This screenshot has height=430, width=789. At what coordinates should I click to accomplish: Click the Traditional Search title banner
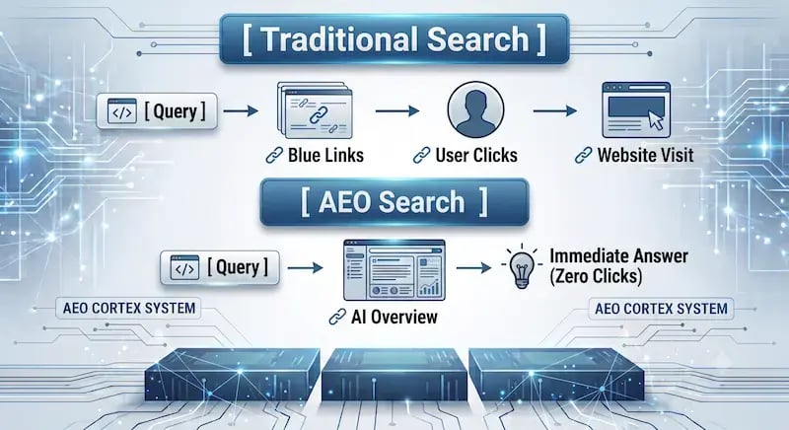coord(394,39)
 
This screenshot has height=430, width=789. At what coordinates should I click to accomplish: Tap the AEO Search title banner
coord(394,201)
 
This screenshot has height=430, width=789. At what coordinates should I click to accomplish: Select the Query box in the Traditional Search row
coord(157,111)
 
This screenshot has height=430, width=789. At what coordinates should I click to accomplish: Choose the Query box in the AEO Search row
coord(220,267)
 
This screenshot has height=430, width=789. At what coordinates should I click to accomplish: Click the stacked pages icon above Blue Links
coord(315,110)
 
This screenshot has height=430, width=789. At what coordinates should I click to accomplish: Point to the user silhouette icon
coord(475,109)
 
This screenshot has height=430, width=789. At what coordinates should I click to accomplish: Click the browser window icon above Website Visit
coord(636,110)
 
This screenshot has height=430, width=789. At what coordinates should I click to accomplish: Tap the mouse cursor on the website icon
coord(656,121)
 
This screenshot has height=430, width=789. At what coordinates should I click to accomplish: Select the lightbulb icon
coord(522,267)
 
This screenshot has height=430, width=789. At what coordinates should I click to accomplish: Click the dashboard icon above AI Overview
coord(394,270)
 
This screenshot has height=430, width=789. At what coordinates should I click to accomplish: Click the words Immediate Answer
coord(618,256)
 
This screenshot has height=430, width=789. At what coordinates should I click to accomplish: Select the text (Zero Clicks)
coord(596,276)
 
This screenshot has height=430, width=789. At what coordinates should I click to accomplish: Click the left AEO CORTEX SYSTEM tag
coord(129,308)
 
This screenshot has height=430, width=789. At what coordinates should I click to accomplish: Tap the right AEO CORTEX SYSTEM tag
coord(661,309)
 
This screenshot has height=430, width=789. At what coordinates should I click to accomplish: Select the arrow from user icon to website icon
coord(555,110)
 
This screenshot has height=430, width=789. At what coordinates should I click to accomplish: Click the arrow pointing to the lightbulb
coord(474,267)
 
